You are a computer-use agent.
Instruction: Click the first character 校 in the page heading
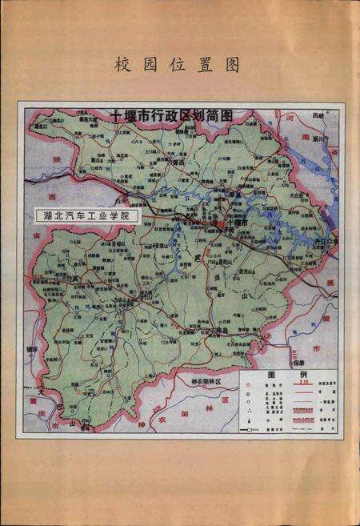click(124, 65)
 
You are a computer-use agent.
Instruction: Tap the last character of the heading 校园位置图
click(233, 65)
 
